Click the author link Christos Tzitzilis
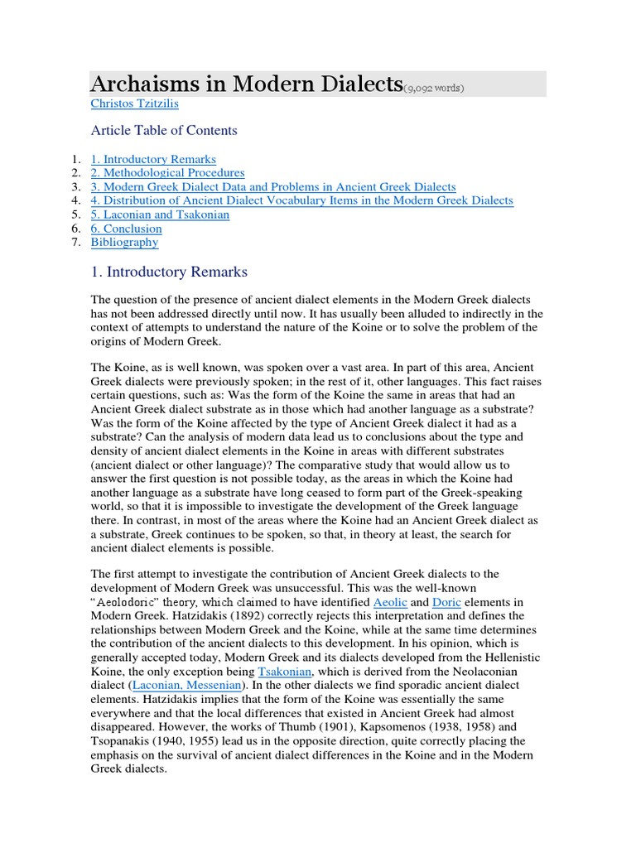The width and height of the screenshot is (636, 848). (x=133, y=104)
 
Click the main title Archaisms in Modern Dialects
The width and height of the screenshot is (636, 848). (x=246, y=84)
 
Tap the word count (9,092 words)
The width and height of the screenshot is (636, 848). (x=434, y=88)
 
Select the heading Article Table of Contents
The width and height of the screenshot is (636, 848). (x=163, y=130)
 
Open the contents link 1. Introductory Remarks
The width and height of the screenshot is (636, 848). (x=153, y=159)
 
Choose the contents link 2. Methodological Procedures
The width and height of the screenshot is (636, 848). (x=167, y=173)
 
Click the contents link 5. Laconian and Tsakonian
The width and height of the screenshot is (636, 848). (x=160, y=214)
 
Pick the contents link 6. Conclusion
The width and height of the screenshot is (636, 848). (x=126, y=229)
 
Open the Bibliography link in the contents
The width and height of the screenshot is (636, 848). (x=124, y=243)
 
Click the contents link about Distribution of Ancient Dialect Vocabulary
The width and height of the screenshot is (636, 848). (x=301, y=200)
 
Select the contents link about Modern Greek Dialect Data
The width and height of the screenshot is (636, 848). (x=273, y=187)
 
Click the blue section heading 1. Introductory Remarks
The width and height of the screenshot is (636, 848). (x=169, y=272)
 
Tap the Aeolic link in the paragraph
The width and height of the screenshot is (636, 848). (x=390, y=602)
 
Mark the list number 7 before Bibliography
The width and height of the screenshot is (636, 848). (x=75, y=243)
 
